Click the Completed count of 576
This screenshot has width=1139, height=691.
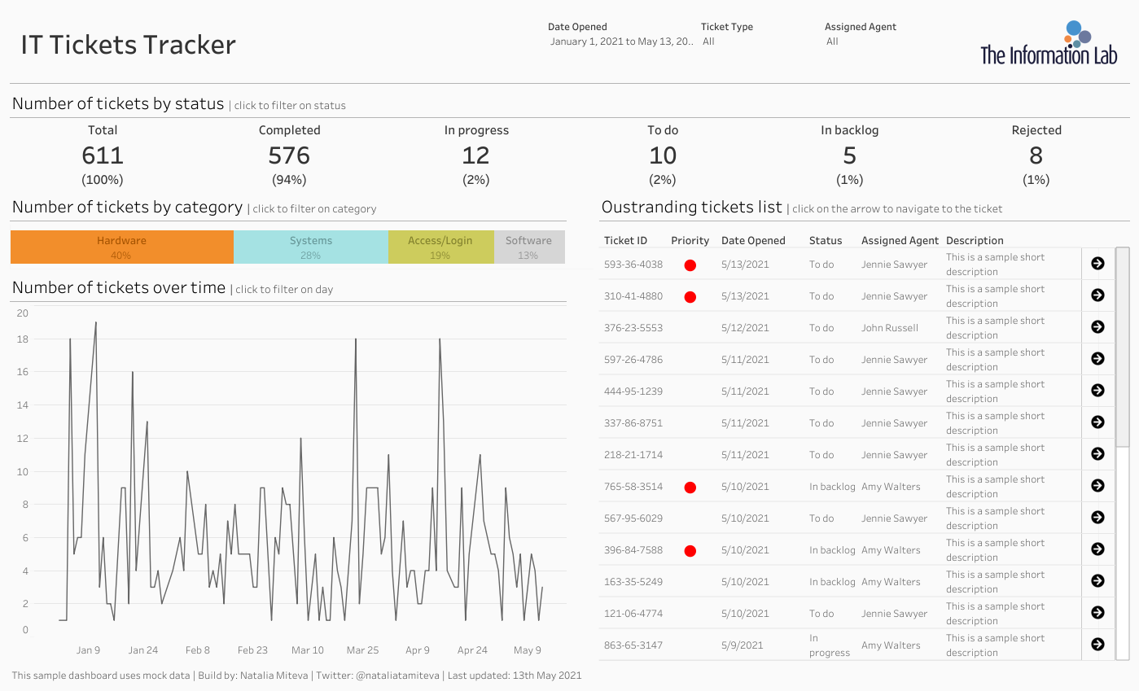tap(289, 155)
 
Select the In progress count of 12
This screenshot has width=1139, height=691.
tap(476, 155)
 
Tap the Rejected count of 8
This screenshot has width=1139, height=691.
tap(1036, 155)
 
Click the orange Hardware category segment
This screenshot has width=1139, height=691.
tap(122, 247)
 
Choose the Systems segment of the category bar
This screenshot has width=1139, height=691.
tap(311, 247)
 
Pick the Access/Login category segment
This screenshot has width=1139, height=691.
tap(441, 247)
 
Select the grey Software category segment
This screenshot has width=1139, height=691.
tap(529, 247)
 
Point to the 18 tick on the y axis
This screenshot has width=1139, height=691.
tap(22, 339)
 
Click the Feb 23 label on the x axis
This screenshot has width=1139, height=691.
tap(252, 649)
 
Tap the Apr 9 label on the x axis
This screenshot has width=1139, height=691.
tap(418, 649)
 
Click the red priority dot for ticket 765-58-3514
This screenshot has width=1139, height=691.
tap(690, 488)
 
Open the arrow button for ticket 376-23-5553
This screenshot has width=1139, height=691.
tap(1097, 326)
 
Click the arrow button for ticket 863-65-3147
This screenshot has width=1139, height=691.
tap(1097, 645)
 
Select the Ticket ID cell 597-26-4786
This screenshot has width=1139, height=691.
tap(633, 360)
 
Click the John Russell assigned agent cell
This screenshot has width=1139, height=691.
tap(889, 328)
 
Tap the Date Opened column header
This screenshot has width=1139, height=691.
tap(753, 240)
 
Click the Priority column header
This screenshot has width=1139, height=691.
tap(690, 240)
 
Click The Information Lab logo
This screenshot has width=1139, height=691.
tap(1049, 43)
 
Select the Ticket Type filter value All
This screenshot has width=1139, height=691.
tap(708, 42)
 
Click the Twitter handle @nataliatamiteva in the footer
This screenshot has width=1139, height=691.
tap(397, 676)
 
